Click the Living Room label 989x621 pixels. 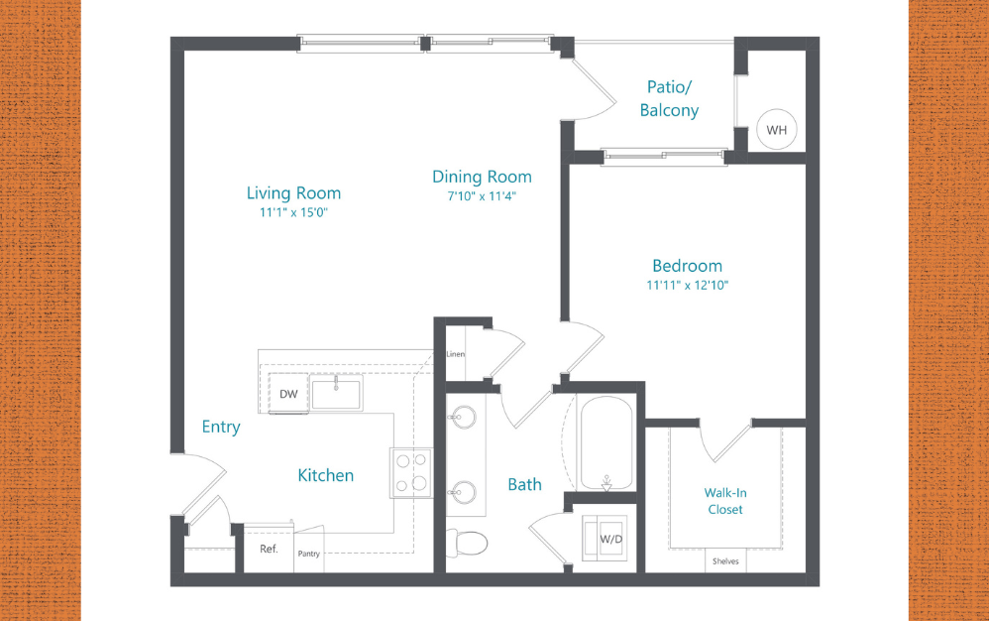tap(293, 193)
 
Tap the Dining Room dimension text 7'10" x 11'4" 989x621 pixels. tap(482, 196)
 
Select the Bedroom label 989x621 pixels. tap(687, 266)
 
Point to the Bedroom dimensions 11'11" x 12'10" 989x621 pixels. tap(687, 286)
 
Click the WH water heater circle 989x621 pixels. tap(776, 129)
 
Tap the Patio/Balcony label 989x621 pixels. tap(669, 98)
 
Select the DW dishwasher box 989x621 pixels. tap(288, 394)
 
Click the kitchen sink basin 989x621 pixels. tap(337, 393)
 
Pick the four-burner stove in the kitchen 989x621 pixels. tap(410, 472)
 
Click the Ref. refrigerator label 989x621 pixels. tap(269, 549)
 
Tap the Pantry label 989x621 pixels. tap(309, 554)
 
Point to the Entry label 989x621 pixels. tap(221, 427)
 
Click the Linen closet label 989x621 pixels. tap(456, 354)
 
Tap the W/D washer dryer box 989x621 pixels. tap(609, 540)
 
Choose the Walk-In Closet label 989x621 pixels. tap(723, 501)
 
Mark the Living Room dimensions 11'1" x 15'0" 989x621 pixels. tap(293, 212)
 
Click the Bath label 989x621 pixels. tap(524, 484)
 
